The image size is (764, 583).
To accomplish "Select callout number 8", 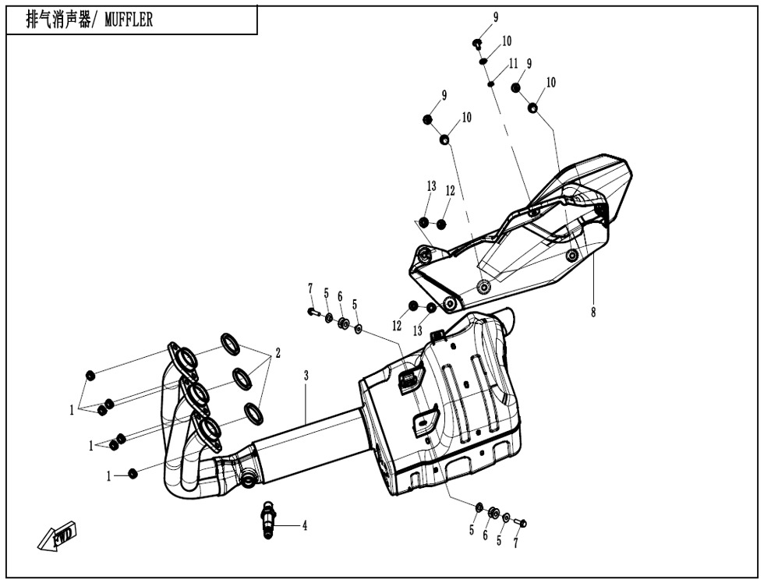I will click(593, 313).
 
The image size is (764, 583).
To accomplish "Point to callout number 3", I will click(306, 376).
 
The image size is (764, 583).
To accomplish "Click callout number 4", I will click(305, 526).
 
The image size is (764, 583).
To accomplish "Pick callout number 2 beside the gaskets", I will click(277, 353).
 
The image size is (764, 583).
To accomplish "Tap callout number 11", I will click(513, 64).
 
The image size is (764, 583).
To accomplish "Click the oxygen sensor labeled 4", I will click(269, 518).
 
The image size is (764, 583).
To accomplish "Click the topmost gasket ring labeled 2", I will click(231, 341).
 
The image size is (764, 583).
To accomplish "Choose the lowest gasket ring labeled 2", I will click(253, 412).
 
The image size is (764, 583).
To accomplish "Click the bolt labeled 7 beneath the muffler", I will click(522, 521).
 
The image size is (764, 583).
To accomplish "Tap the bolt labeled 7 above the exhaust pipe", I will click(313, 312).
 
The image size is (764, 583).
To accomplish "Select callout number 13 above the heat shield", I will click(431, 186).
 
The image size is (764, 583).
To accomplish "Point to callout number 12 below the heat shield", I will click(398, 324).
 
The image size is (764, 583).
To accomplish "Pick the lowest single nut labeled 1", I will click(133, 473).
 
